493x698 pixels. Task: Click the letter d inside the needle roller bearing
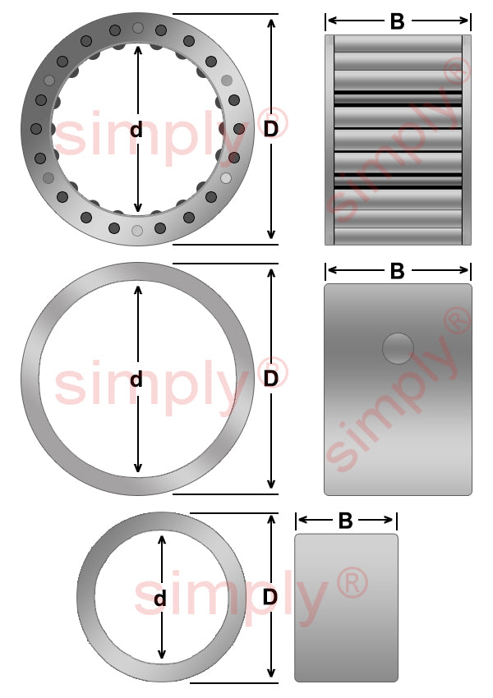[136, 130]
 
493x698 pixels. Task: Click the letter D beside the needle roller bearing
[271, 129]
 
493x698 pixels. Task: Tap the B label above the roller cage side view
[397, 21]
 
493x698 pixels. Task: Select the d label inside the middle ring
[136, 379]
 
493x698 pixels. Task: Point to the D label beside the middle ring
[271, 379]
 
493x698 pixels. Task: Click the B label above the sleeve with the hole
[397, 271]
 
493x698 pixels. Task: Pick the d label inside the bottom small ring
[160, 599]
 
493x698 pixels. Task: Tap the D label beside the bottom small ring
[270, 597]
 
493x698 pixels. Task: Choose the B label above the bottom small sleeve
[346, 521]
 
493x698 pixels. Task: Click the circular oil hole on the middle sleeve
[399, 348]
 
